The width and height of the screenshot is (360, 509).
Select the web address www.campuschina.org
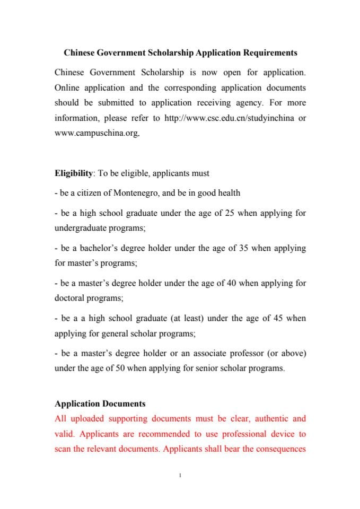click(x=96, y=133)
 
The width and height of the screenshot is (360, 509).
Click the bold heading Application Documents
click(x=100, y=404)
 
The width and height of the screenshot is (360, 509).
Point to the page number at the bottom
click(x=180, y=476)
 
